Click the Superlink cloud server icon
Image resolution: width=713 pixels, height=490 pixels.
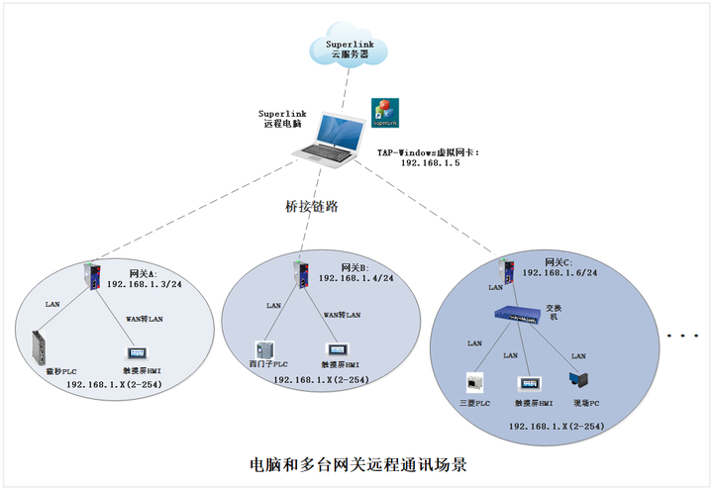pyautogui.click(x=351, y=46)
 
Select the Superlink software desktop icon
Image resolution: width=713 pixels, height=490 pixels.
pyautogui.click(x=384, y=113)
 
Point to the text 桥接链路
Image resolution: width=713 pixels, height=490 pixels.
pyautogui.click(x=311, y=207)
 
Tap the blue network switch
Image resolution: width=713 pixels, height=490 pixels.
pyautogui.click(x=516, y=316)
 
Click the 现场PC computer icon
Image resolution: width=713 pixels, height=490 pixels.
pyautogui.click(x=579, y=380)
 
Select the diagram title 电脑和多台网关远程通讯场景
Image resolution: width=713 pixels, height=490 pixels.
pyautogui.click(x=356, y=463)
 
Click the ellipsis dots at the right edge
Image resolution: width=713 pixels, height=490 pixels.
pyautogui.click(x=682, y=337)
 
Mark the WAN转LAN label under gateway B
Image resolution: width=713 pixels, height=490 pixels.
pyautogui.click(x=343, y=315)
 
